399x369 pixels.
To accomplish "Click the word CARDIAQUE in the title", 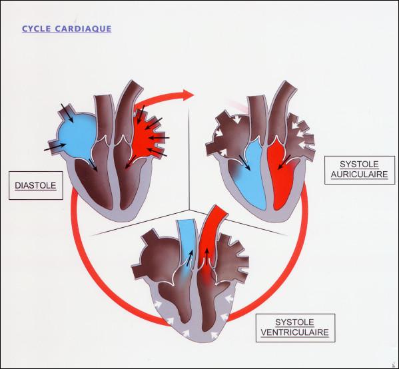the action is point(83,29).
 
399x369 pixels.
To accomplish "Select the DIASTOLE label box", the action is point(35,185).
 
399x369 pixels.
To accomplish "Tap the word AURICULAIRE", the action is point(359,175).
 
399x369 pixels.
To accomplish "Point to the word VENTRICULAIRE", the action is point(295,332).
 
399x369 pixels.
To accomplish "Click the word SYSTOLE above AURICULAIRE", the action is point(359,165).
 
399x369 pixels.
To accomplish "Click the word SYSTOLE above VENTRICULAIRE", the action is point(294,322).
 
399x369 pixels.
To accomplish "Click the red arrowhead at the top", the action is point(189,95).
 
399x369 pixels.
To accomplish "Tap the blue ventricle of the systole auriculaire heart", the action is point(250,181).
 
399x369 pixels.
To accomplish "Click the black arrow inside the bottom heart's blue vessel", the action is point(190,258).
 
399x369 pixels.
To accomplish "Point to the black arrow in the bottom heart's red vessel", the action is point(206,255).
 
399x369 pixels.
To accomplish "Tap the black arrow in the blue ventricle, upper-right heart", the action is point(244,163).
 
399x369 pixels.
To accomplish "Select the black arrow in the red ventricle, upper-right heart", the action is point(284,162).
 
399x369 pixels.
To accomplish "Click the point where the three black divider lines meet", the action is point(189,210).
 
